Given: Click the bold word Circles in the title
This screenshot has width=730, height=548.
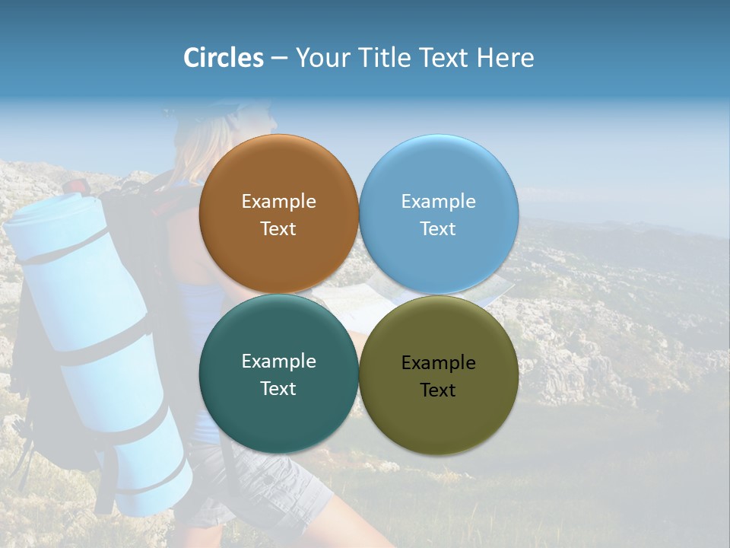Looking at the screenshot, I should coord(224,58).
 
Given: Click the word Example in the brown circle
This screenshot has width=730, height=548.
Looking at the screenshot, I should coord(278,202).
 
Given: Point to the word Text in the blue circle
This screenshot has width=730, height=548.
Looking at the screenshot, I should coord(438,229).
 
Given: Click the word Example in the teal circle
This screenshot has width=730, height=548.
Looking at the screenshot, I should coord(278,362).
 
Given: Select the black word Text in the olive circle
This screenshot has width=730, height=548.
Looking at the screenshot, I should coord(438,390).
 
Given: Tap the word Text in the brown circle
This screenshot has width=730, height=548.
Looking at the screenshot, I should coord(278,229).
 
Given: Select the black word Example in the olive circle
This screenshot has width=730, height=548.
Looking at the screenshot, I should coord(438,363).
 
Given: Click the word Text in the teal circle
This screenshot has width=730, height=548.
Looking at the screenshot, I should coord(278,389).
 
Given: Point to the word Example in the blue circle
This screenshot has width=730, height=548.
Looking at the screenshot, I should coord(438,202).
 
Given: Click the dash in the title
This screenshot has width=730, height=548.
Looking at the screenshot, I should coord(279,59).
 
